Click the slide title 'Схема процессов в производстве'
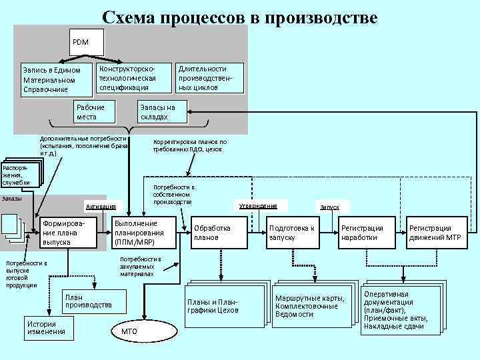[x=240, y=17]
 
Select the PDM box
[x=86, y=42]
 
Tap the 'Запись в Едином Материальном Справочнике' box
[x=52, y=79]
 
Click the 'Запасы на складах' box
[x=163, y=112]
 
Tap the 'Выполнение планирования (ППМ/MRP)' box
[x=144, y=233]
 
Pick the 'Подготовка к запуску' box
[x=291, y=233]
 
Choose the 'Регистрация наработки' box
[x=365, y=233]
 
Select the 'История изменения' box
[x=49, y=327]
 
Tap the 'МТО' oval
[x=130, y=331]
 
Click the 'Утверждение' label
[x=257, y=205]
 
